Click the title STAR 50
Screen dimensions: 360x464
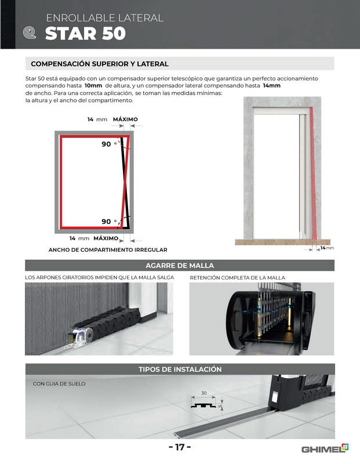tap(85, 33)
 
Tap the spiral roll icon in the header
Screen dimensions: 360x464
tap(30, 32)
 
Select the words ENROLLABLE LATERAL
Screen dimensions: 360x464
tap(105, 18)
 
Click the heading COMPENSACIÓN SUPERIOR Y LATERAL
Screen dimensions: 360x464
tap(100, 64)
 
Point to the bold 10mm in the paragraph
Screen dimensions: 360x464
tap(93, 85)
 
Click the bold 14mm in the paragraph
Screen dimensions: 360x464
tap(271, 85)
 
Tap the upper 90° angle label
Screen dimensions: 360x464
tap(109, 144)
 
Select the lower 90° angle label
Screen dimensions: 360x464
tap(109, 222)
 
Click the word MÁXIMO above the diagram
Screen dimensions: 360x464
tap(125, 119)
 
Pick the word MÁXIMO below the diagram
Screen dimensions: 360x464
tap(106, 238)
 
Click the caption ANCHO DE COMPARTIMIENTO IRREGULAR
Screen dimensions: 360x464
tap(108, 250)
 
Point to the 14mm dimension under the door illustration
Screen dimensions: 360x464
tap(327, 248)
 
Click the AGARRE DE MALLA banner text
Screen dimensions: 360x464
tap(180, 266)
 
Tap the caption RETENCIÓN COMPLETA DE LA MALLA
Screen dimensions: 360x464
tap(238, 278)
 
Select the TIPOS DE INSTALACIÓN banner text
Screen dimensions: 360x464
tap(180, 369)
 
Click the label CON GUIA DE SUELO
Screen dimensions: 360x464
tap(59, 384)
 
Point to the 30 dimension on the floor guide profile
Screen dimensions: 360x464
tap(204, 393)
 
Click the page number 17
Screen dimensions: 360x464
tap(180, 447)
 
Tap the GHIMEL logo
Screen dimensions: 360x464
tap(325, 448)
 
